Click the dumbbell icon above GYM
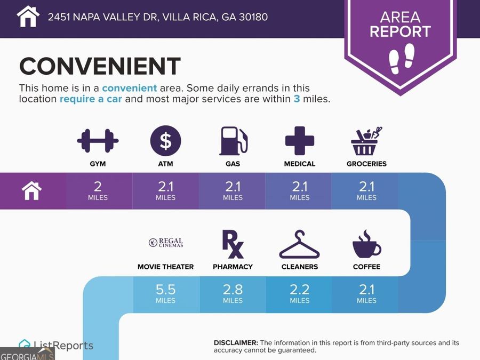point(98,141)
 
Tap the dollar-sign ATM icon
point(166,141)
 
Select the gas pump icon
point(233,141)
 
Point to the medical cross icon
point(300,141)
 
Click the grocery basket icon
point(366,141)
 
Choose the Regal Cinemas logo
point(166,243)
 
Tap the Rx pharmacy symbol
point(233,244)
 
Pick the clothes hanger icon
point(299,245)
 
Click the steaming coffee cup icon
point(366,244)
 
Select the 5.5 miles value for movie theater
point(166,293)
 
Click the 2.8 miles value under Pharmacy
point(233,293)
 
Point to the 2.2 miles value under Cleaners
point(300,293)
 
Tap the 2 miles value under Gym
point(98,190)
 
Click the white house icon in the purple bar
point(31,190)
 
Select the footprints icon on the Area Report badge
point(402,59)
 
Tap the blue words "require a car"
point(91,99)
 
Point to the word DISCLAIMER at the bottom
point(236,342)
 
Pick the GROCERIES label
point(366,164)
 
